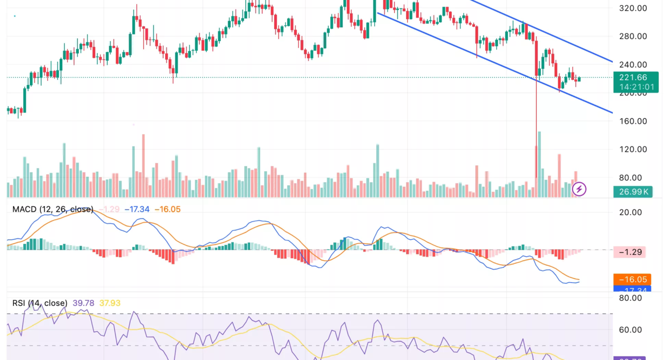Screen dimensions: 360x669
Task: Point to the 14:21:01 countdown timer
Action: tap(637, 87)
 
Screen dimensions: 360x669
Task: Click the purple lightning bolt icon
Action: tap(579, 189)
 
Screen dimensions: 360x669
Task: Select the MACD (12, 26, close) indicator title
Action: tap(53, 209)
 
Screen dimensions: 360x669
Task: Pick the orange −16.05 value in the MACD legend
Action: tap(168, 209)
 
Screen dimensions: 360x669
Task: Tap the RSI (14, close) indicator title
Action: tap(40, 303)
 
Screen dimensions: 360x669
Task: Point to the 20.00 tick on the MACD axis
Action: tap(630, 212)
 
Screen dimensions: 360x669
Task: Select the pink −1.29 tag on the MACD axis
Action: tap(632, 252)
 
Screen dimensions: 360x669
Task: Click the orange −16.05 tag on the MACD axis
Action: tap(632, 279)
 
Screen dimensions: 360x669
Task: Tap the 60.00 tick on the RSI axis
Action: tap(630, 330)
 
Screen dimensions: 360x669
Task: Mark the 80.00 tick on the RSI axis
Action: tap(630, 298)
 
